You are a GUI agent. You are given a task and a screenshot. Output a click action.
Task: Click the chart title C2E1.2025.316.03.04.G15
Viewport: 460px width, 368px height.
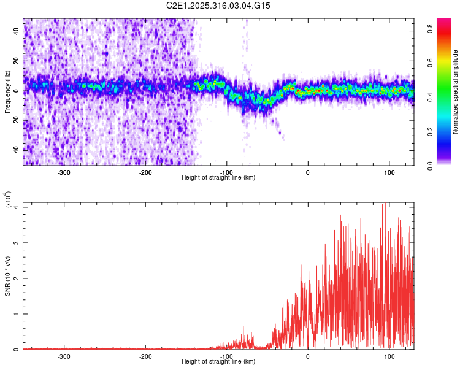point(219,6)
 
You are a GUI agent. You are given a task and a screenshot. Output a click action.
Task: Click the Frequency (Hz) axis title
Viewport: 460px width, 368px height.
point(7,92)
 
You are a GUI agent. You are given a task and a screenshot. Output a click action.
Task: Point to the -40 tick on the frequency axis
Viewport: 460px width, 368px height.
point(17,150)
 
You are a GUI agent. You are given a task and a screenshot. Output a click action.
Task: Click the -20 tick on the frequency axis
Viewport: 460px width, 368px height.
point(17,121)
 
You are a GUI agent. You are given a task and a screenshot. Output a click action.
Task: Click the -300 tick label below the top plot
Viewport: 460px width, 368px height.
point(64,172)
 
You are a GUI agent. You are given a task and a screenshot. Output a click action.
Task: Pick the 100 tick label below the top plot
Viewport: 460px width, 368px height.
point(389,172)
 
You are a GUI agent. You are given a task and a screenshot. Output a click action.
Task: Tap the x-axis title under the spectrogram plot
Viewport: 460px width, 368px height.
point(219,178)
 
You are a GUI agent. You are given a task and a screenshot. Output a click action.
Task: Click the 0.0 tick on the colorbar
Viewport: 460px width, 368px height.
point(431,164)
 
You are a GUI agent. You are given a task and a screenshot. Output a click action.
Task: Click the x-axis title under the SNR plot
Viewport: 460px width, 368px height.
point(219,362)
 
